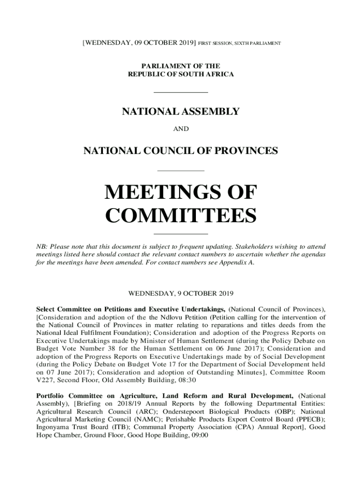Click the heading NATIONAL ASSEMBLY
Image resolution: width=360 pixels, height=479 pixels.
tap(180, 112)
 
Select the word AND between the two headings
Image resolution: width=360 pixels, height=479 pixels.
tap(180, 128)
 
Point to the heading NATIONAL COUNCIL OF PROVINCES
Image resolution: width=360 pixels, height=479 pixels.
tap(180, 151)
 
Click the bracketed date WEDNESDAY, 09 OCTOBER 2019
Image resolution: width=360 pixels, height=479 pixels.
tap(138, 43)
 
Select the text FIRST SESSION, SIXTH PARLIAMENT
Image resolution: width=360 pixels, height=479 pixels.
tap(239, 44)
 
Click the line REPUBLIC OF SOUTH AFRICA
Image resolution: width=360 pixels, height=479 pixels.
tap(180, 74)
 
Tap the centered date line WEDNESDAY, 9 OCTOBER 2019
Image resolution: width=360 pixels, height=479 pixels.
tap(180, 294)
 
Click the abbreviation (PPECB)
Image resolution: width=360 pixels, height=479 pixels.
tap(310, 420)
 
